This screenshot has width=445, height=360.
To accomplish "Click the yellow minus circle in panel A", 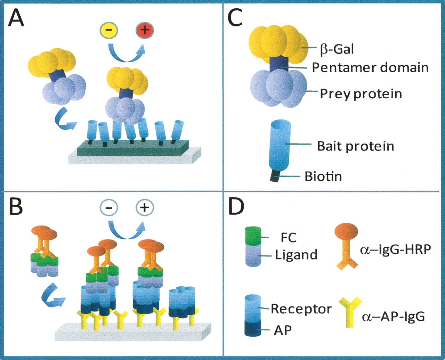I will pos(109,30).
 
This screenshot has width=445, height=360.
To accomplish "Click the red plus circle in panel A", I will pos(145,30).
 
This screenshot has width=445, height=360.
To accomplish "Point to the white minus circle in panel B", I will pos(109,208).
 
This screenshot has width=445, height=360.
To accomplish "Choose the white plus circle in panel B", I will pos(145,208).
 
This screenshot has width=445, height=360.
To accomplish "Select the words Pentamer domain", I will pos(370,67).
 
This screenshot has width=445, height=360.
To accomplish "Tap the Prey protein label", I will pos(361,93).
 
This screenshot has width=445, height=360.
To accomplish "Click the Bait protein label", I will pos(355,146).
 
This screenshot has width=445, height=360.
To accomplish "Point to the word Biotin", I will pos(323,176).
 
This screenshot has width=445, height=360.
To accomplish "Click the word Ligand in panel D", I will pos(296,255).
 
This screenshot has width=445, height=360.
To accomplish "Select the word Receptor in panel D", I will pos(301,309).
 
